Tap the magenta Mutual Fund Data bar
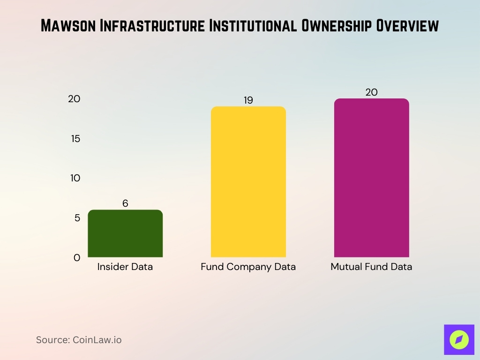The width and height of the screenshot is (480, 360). click(371, 178)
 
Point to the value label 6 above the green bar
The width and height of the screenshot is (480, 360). click(125, 203)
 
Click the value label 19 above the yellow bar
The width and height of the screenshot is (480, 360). click(248, 100)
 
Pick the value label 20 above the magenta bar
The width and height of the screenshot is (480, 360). click(371, 92)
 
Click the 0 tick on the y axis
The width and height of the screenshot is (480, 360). click(77, 257)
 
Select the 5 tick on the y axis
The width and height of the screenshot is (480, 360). click(77, 218)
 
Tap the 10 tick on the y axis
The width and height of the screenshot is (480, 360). click(75, 178)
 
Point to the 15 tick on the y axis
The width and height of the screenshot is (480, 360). click(75, 139)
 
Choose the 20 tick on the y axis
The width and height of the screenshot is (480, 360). click(74, 99)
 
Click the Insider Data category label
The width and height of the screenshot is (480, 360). click(125, 267)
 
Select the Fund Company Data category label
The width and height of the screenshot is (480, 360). click(248, 267)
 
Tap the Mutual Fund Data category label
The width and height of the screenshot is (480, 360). click(371, 267)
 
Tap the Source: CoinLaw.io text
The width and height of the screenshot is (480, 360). click(79, 340)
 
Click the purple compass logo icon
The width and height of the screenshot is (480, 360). click(459, 339)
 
